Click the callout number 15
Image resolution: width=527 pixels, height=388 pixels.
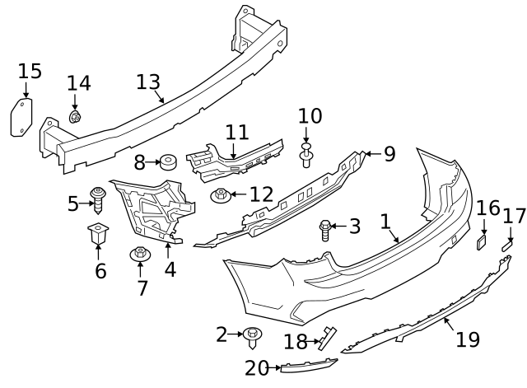pyautogui.click(x=30, y=71)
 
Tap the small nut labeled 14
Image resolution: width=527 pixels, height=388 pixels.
pyautogui.click(x=75, y=118)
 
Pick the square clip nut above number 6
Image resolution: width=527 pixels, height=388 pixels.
pyautogui.click(x=100, y=235)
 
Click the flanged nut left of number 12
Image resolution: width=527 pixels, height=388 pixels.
pyautogui.click(x=221, y=196)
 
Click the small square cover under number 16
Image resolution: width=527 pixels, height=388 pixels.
pyautogui.click(x=482, y=241)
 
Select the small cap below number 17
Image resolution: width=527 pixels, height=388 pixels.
pyautogui.click(x=507, y=244)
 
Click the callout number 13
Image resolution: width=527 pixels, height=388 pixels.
pyautogui.click(x=148, y=82)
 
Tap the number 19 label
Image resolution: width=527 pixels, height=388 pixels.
pyautogui.click(x=469, y=339)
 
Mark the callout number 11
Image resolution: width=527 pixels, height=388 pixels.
pyautogui.click(x=237, y=132)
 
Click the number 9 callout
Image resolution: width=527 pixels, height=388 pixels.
pyautogui.click(x=389, y=153)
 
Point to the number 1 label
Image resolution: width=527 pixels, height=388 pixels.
pyautogui.click(x=385, y=221)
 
